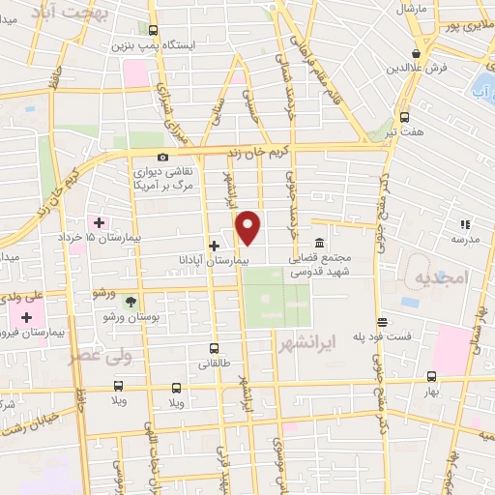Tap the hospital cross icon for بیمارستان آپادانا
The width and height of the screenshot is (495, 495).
click(x=214, y=247)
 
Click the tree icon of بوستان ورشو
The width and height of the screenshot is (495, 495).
click(x=131, y=302)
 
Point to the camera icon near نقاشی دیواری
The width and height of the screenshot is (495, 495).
click(x=162, y=158)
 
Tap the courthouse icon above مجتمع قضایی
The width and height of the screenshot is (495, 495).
click(x=319, y=244)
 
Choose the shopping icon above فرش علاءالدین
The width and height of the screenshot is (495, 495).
click(x=416, y=53)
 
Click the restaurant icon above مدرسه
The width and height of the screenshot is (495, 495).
click(x=463, y=224)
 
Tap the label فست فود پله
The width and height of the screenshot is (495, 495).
click(x=383, y=336)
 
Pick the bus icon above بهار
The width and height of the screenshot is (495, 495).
click(x=430, y=377)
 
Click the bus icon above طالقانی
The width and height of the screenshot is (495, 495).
click(x=214, y=349)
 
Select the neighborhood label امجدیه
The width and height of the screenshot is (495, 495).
click(x=441, y=278)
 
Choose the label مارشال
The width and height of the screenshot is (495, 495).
click(x=412, y=8)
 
